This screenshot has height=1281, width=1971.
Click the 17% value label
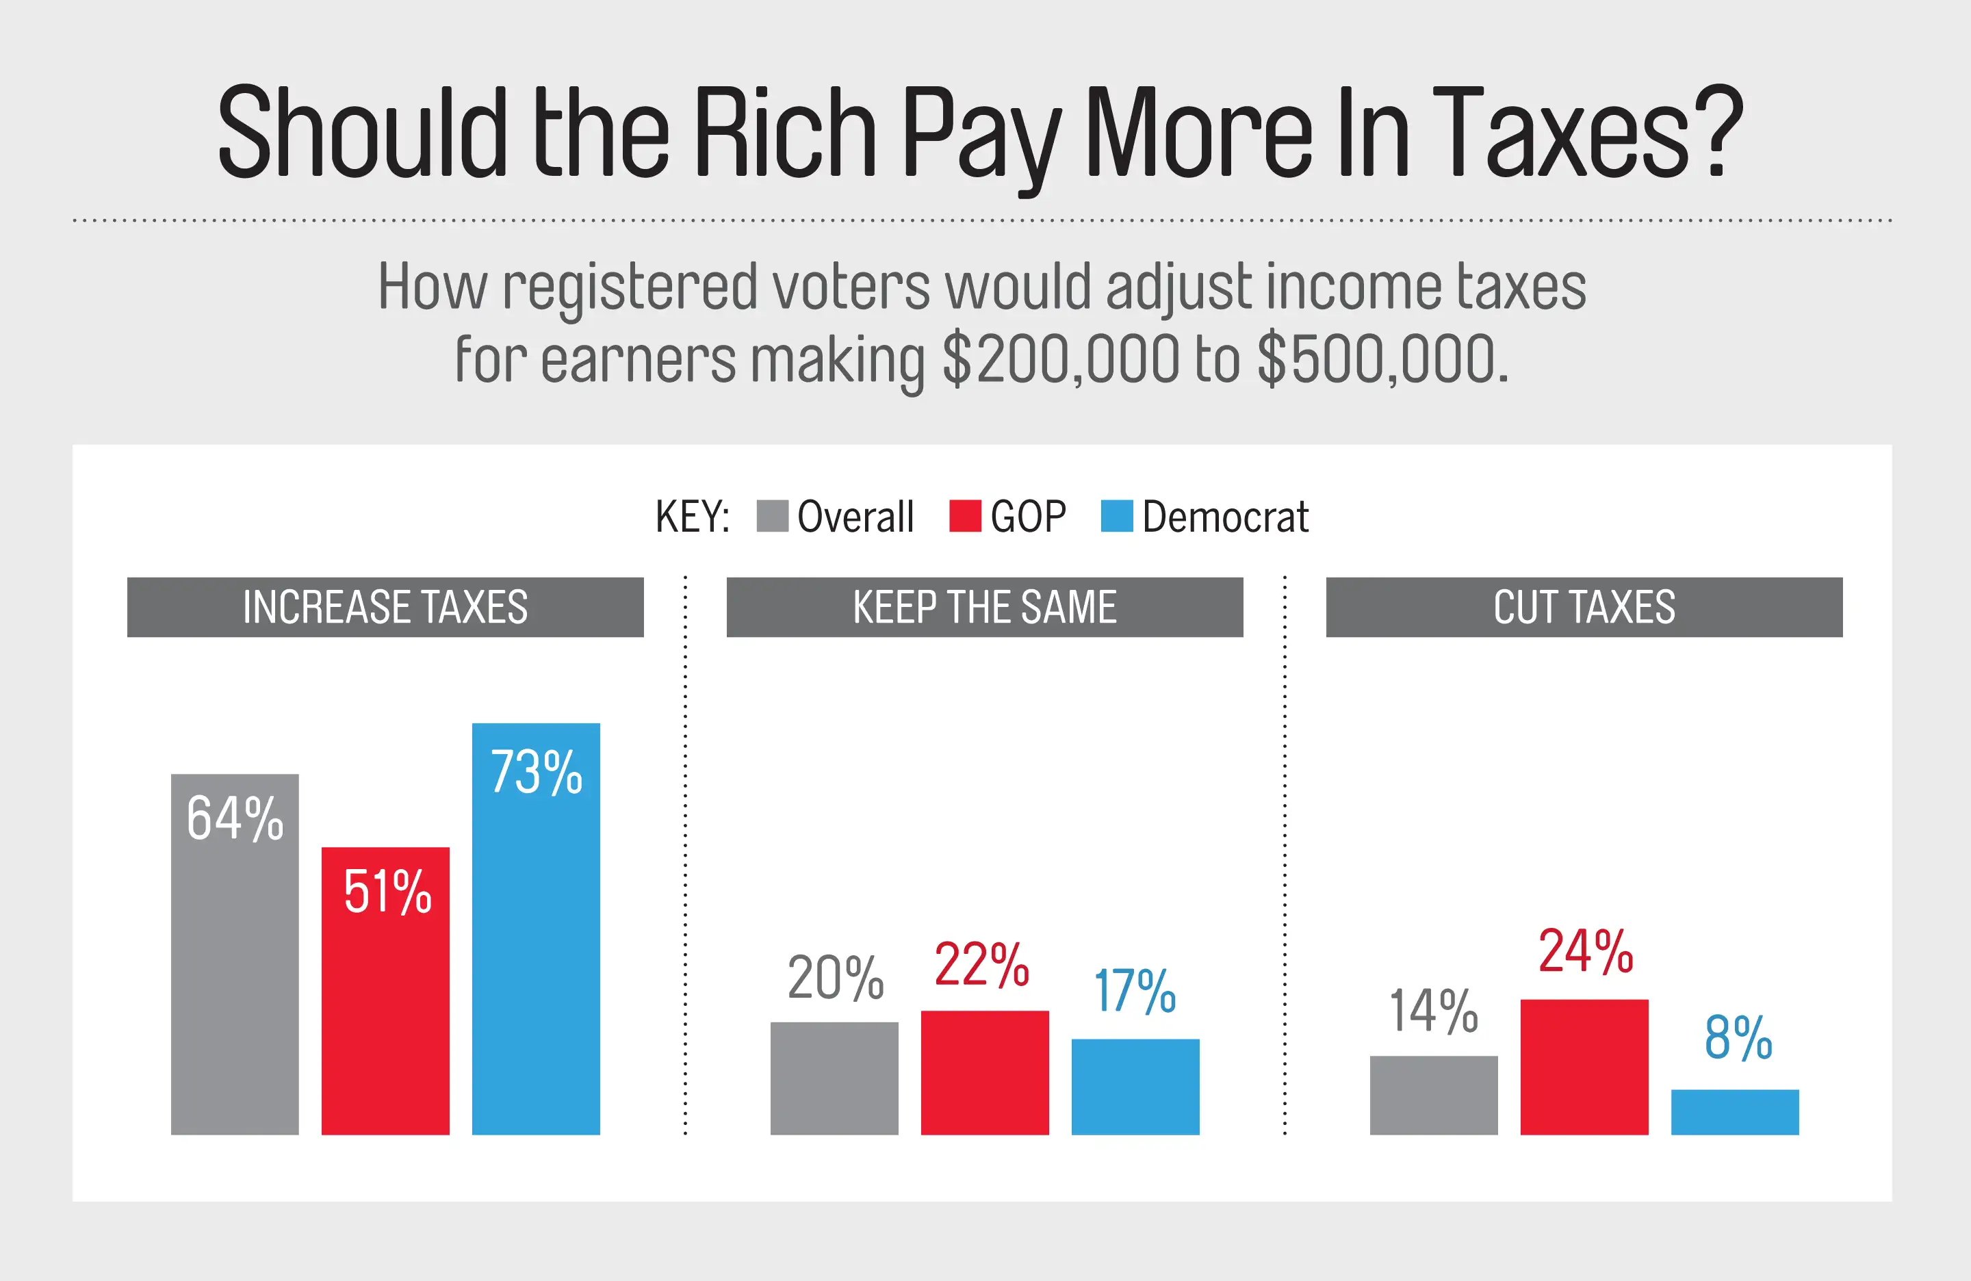point(1135,990)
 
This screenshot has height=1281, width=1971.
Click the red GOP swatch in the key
point(965,516)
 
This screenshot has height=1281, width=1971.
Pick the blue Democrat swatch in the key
point(1116,516)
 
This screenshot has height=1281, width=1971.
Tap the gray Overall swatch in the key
point(772,516)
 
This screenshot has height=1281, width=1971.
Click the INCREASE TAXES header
point(385,607)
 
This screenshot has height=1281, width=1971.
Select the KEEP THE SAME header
point(985,607)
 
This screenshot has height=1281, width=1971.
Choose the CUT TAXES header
point(1584,607)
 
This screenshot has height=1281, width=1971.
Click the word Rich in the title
point(784,133)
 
